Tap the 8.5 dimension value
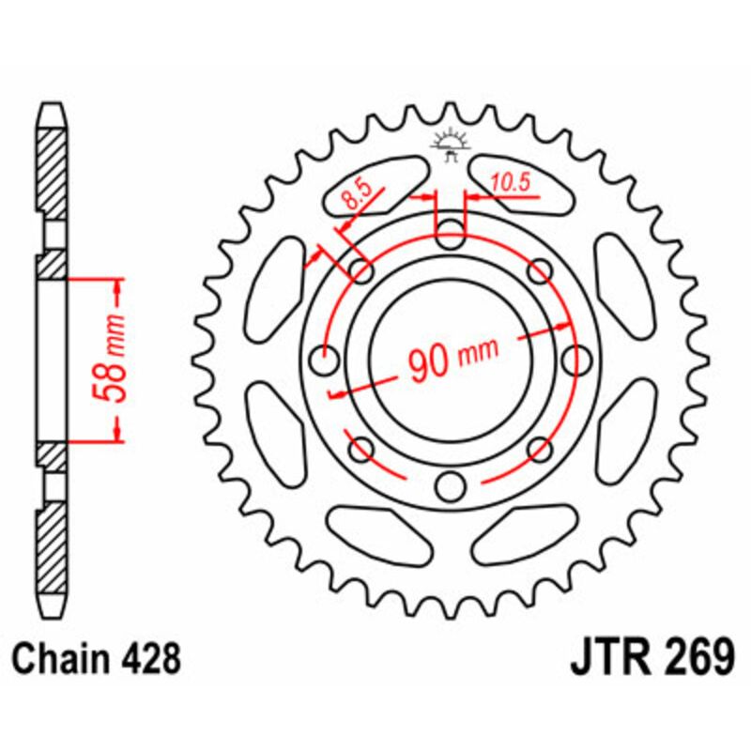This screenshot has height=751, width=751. [358, 197]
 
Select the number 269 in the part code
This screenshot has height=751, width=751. [693, 658]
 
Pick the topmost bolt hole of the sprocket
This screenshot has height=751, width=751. [451, 231]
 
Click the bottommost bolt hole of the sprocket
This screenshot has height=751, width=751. [451, 486]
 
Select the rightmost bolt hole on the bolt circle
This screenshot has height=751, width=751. [575, 360]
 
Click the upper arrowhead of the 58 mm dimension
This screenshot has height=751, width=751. [116, 286]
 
